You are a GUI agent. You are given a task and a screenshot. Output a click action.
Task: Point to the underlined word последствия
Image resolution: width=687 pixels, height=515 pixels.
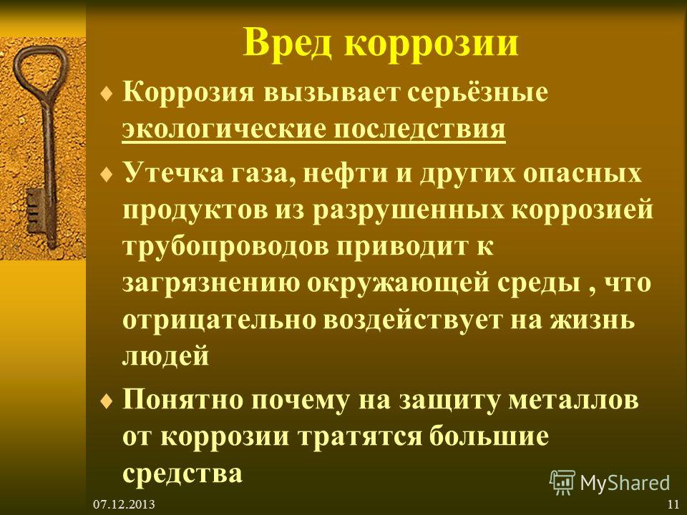[420, 129]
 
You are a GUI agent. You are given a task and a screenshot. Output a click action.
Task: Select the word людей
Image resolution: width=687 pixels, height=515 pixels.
[165, 356]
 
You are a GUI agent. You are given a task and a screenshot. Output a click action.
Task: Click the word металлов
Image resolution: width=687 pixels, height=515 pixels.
[573, 400]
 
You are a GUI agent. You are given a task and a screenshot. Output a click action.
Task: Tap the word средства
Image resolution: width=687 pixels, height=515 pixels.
[182, 474]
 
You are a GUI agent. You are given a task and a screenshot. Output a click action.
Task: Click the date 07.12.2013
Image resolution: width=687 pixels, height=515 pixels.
[124, 504]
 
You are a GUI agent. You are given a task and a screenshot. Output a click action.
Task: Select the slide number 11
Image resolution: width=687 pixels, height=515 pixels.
[673, 504]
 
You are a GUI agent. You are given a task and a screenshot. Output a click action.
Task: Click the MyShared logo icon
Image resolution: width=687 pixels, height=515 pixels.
[562, 482]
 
